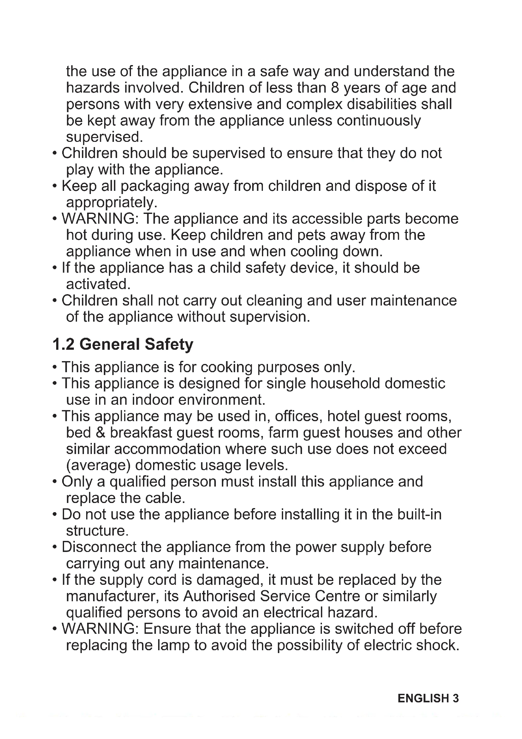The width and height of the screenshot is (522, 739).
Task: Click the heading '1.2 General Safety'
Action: (x=123, y=344)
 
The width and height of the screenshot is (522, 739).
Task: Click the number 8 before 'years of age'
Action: (x=335, y=88)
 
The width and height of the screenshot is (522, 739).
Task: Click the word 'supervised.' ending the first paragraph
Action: (x=104, y=137)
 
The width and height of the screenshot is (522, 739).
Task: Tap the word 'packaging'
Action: (x=155, y=186)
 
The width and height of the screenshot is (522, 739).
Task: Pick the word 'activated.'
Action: (x=98, y=284)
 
